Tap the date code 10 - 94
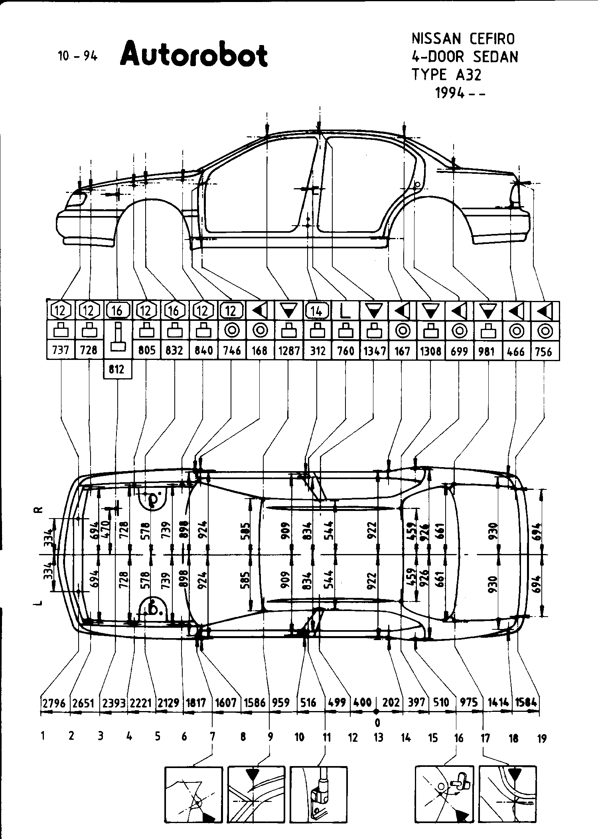point(77,56)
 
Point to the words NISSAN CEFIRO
point(463,39)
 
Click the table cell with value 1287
point(288,350)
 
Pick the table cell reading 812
point(117,369)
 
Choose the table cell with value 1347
point(374,351)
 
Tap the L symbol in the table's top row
point(345,311)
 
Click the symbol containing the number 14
point(317,310)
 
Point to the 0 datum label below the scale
point(377,722)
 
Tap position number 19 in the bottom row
point(541,739)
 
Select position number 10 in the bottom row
point(299,738)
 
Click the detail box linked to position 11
point(318,794)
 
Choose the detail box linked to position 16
point(444,794)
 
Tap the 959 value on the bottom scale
point(280,702)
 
